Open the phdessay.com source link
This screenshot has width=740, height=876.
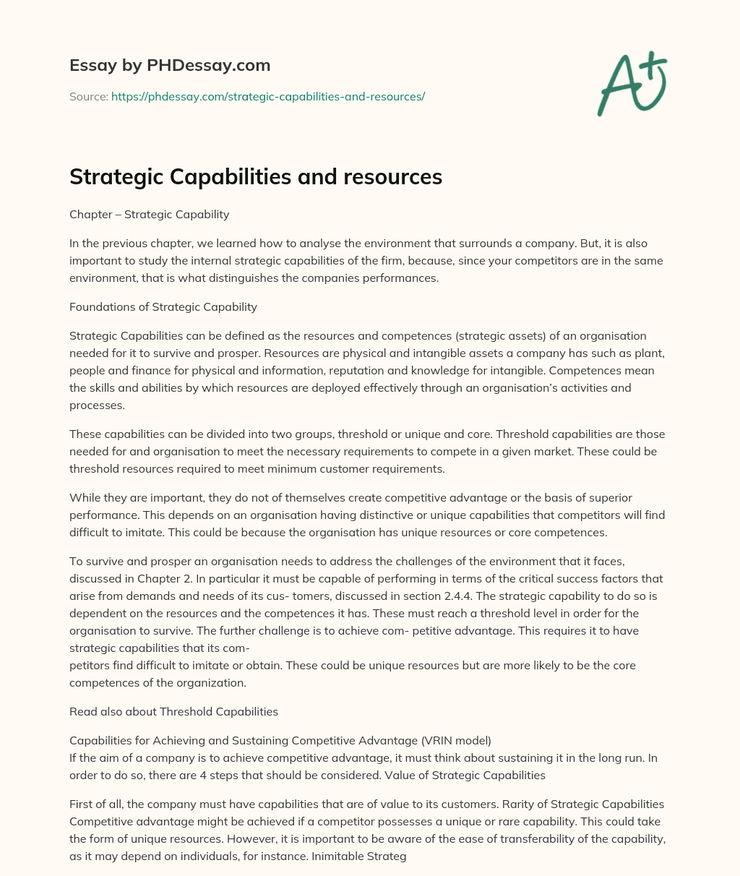tap(267, 96)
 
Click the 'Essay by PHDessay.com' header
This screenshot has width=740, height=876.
tap(170, 65)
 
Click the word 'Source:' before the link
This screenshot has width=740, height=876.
tap(88, 96)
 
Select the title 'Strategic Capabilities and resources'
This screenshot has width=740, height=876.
tap(256, 177)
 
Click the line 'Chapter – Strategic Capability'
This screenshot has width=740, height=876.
tap(149, 214)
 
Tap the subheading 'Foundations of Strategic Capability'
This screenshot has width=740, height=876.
tap(163, 306)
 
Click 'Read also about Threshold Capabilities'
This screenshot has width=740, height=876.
tap(173, 711)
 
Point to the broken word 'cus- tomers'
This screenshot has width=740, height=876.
tap(301, 596)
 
